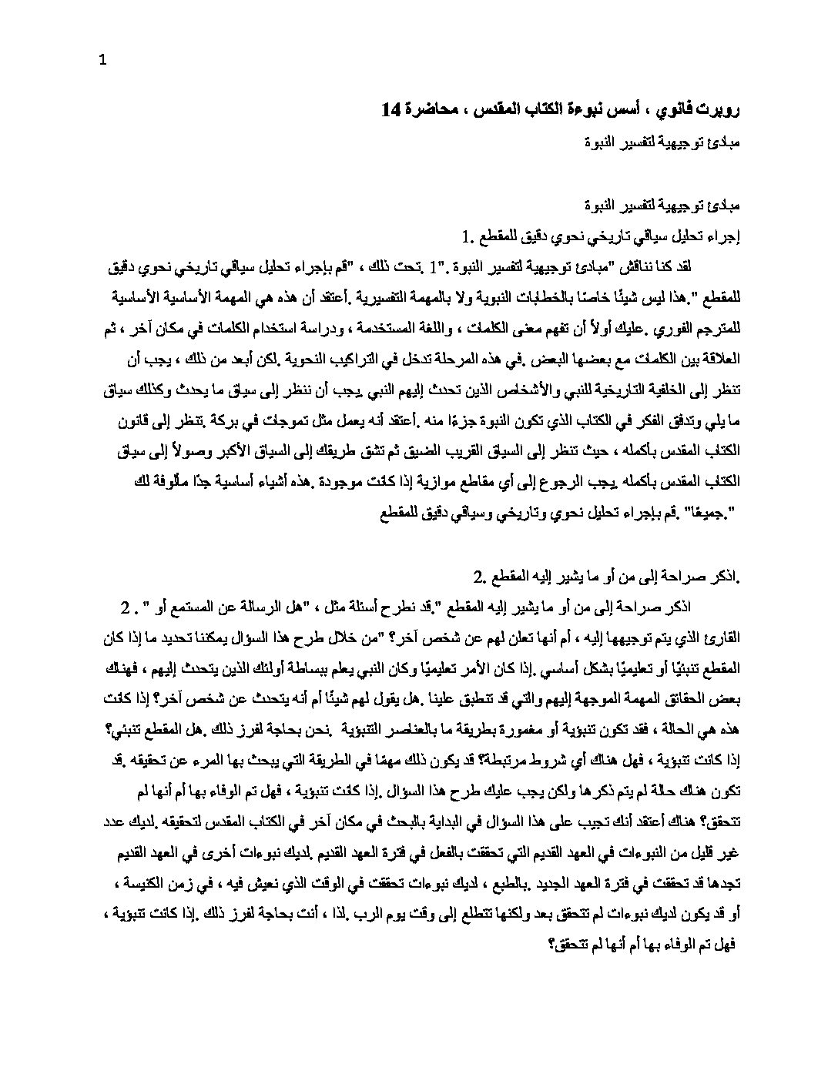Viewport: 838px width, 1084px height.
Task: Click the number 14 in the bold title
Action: (x=391, y=110)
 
